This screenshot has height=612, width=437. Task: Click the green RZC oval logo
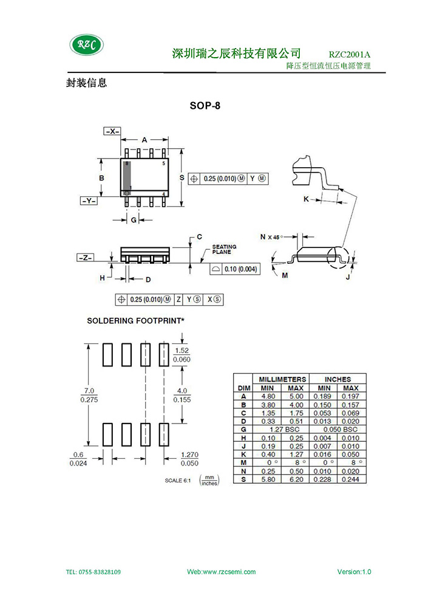(87, 45)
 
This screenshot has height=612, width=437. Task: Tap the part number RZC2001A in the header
(349, 55)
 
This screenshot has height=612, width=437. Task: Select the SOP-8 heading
(205, 106)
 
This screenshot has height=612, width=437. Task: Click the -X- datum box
(112, 131)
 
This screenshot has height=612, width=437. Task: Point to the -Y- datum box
(89, 201)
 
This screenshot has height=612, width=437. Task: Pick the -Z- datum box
(86, 258)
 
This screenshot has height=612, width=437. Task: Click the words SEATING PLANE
(224, 249)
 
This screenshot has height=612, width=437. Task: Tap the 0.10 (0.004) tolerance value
(240, 269)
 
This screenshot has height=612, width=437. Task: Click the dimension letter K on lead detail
(306, 199)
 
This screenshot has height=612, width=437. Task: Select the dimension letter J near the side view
(348, 277)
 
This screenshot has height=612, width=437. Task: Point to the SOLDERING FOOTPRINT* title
(136, 321)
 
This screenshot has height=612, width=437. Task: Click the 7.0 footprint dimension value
(89, 391)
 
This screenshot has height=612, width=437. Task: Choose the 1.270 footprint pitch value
(189, 455)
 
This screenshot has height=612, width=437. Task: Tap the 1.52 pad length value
(181, 351)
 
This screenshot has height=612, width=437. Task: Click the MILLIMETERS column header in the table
(283, 379)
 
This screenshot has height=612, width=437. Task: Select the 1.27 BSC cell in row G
(285, 429)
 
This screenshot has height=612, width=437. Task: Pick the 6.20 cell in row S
(296, 480)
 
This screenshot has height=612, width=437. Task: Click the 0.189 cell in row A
(322, 396)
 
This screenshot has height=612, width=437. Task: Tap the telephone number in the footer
(93, 572)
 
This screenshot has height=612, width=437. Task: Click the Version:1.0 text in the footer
(354, 572)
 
